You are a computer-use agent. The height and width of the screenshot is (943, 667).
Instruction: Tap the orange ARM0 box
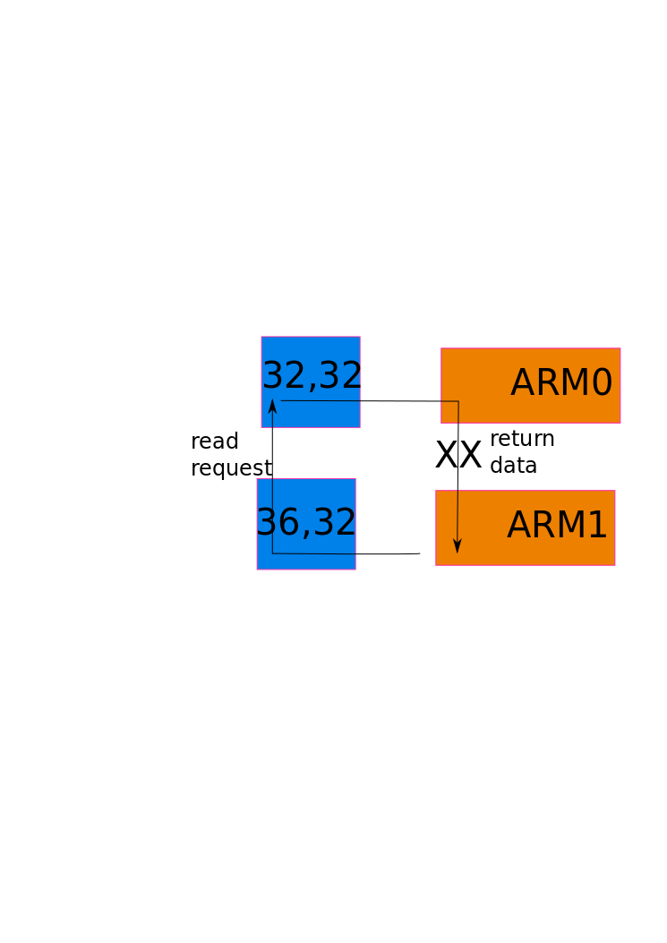pos(530,385)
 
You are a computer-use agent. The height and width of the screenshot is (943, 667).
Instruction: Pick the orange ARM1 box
pos(525,527)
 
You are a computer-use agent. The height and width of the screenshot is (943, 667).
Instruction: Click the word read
pos(215,441)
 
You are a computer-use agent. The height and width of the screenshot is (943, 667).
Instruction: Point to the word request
pos(231,468)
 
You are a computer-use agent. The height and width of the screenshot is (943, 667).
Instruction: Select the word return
pos(522,439)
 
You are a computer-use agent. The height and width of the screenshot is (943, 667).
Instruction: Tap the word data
pos(513,466)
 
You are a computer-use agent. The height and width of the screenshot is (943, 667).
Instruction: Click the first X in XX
pos(446,456)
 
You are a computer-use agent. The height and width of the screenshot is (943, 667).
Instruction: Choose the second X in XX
pos(470,456)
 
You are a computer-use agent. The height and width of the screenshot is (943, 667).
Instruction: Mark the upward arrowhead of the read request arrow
pos(272,406)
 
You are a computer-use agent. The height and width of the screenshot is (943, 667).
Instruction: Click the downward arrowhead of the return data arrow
pos(457,546)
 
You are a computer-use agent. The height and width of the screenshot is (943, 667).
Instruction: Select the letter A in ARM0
pos(523,383)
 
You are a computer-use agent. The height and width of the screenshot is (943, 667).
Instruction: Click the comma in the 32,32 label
pos(312,385)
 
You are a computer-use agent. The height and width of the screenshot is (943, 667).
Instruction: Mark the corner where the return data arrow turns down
pos(458,401)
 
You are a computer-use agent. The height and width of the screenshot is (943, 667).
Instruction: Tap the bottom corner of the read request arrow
pos(272,554)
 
